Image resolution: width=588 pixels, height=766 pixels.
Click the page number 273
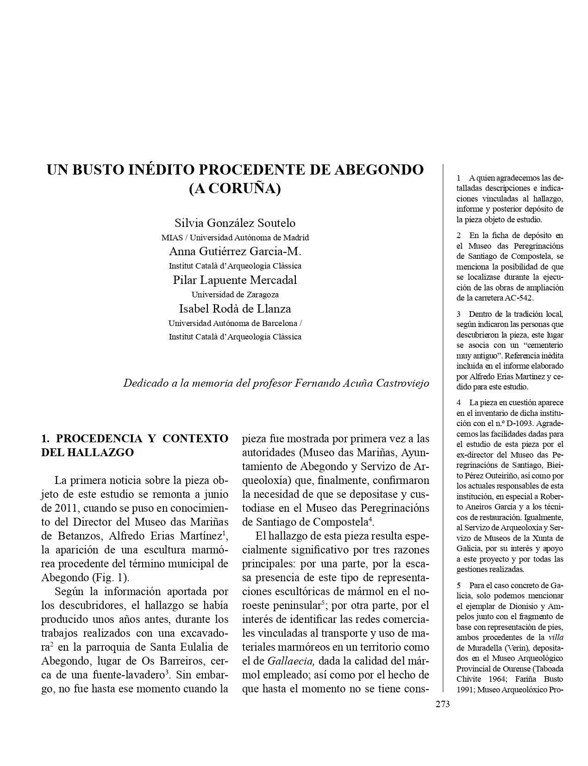tap(442, 704)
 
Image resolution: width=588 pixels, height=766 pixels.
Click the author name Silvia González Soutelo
tap(235, 223)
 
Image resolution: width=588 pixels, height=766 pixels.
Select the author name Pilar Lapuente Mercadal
tap(235, 280)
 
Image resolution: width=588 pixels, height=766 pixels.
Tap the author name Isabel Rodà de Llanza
tap(235, 308)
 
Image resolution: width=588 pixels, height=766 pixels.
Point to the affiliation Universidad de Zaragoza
tap(235, 294)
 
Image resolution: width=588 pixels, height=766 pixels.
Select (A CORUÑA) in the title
tap(235, 189)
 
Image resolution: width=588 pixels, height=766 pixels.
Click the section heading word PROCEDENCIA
tap(99, 439)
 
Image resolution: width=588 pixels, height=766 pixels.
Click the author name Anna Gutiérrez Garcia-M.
tap(235, 251)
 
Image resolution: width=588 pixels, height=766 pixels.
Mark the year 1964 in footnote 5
tap(502, 679)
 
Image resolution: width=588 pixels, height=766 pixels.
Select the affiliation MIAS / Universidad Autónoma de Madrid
tap(235, 237)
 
